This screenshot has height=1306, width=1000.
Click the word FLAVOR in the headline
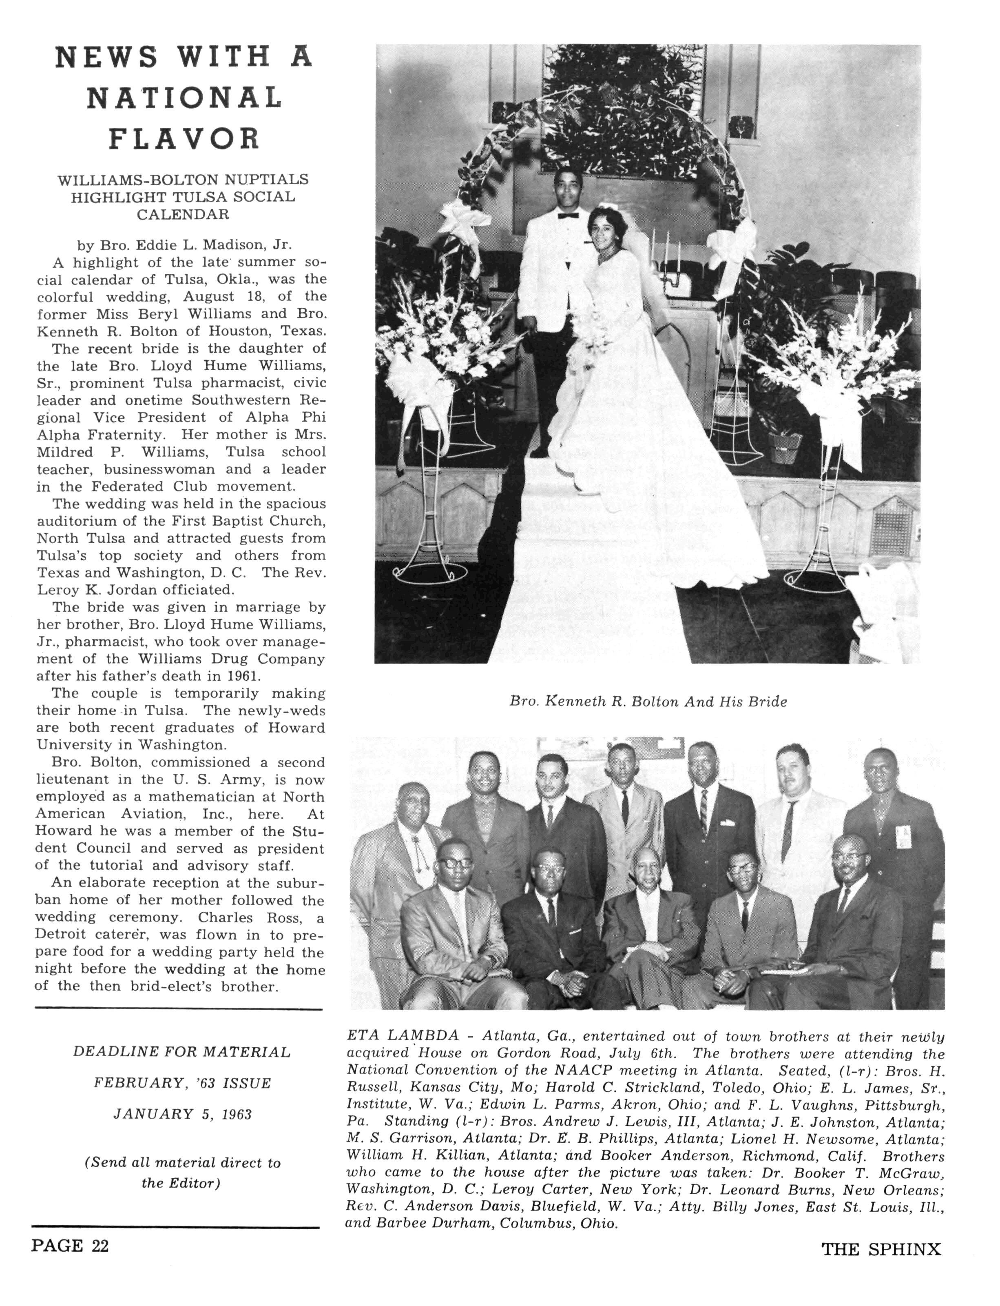click(x=184, y=138)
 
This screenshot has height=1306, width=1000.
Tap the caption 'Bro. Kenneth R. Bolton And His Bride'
click(x=648, y=702)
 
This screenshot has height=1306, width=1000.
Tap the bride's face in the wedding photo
click(x=604, y=231)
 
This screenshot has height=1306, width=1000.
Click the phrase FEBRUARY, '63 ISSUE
click(x=182, y=1083)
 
